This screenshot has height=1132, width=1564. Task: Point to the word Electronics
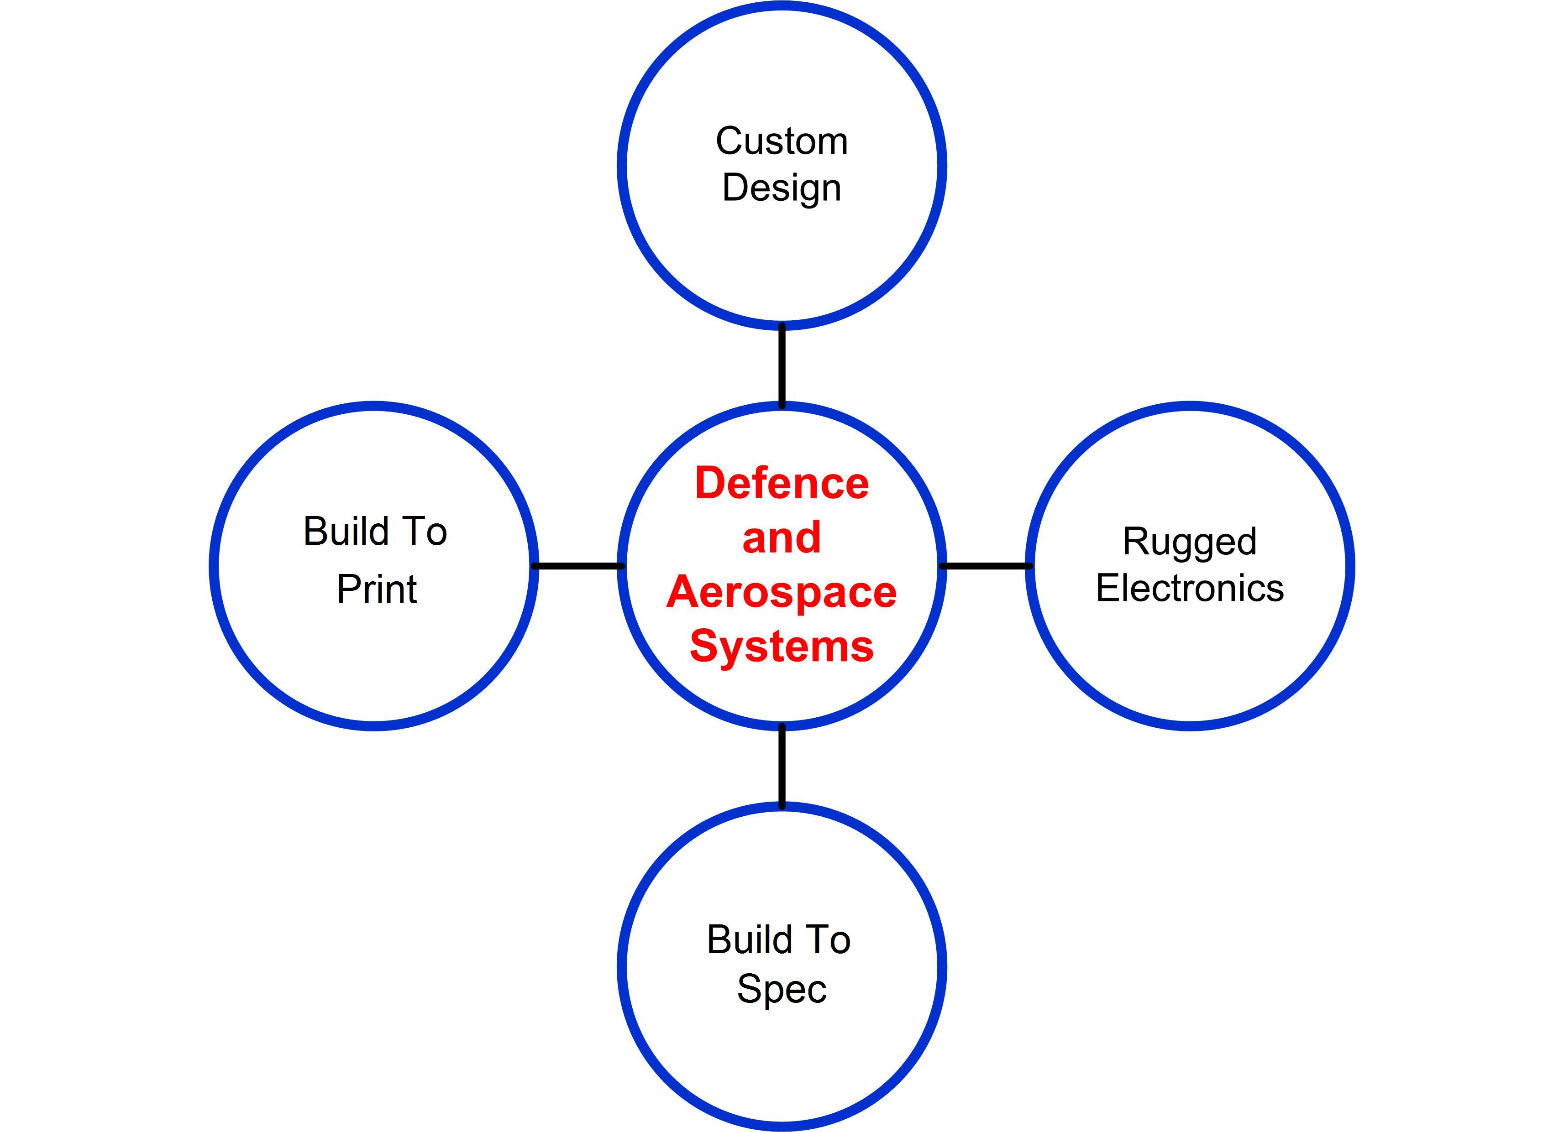1190,588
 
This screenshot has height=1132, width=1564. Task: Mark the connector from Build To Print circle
578,566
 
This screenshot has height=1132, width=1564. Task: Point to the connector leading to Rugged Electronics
986,566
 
